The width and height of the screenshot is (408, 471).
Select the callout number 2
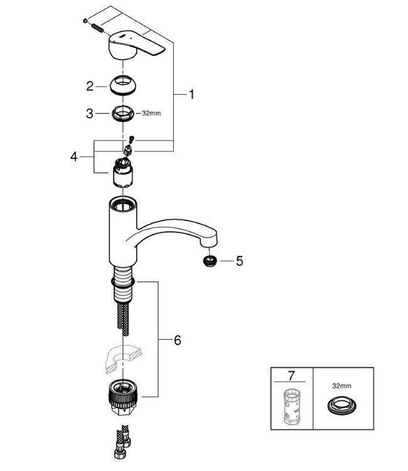pyautogui.click(x=90, y=85)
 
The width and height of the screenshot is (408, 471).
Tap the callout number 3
pyautogui.click(x=90, y=114)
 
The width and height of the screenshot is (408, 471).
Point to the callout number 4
pyautogui.click(x=74, y=155)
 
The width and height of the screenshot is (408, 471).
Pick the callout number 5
pyautogui.click(x=238, y=259)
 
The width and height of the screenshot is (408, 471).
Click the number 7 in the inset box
pyautogui.click(x=290, y=376)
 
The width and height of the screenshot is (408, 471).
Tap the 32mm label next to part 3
pyautogui.click(x=151, y=114)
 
